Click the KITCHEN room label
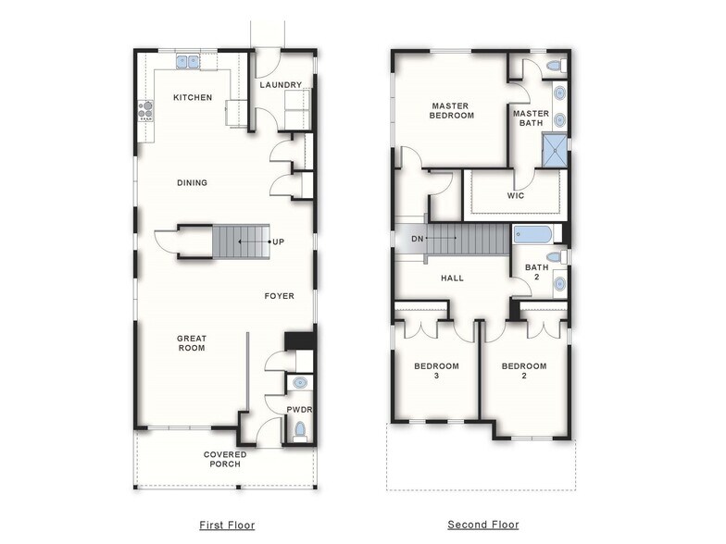pyautogui.click(x=193, y=97)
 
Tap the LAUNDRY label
pyautogui.click(x=281, y=85)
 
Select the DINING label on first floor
pyautogui.click(x=192, y=182)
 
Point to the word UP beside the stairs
pyautogui.click(x=278, y=242)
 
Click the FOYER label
pyautogui.click(x=279, y=296)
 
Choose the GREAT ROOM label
pyautogui.click(x=192, y=343)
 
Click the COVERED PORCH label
pyautogui.click(x=225, y=459)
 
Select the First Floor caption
pyautogui.click(x=228, y=525)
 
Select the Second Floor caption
pyautogui.click(x=483, y=525)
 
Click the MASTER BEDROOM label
pyautogui.click(x=452, y=111)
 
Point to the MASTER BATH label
pyautogui.click(x=532, y=118)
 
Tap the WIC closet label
pyautogui.click(x=516, y=196)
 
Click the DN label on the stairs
pyautogui.click(x=416, y=239)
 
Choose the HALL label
pyautogui.click(x=452, y=278)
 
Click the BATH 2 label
pyautogui.click(x=537, y=272)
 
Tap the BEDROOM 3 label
pyautogui.click(x=434, y=371)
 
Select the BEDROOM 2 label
pyautogui.click(x=524, y=371)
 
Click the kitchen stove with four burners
pyautogui.click(x=145, y=111)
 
